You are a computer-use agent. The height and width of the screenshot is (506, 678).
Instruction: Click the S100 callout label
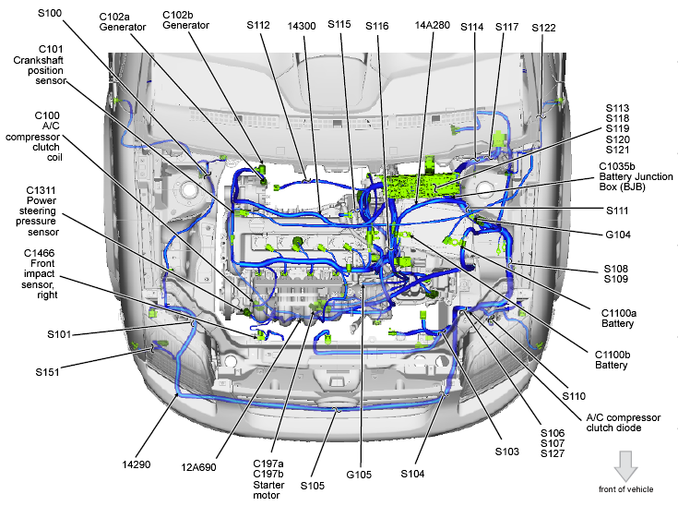click(x=51, y=14)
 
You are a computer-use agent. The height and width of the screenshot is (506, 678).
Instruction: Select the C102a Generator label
click(x=123, y=21)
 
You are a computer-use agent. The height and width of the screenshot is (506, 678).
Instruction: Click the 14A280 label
click(x=433, y=26)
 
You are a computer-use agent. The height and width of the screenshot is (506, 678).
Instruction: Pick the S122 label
click(x=544, y=28)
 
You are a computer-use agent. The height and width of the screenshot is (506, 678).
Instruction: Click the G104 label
click(x=618, y=235)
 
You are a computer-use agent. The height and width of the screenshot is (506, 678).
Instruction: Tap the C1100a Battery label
click(x=618, y=319)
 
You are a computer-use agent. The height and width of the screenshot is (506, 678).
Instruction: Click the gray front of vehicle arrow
click(x=626, y=464)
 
